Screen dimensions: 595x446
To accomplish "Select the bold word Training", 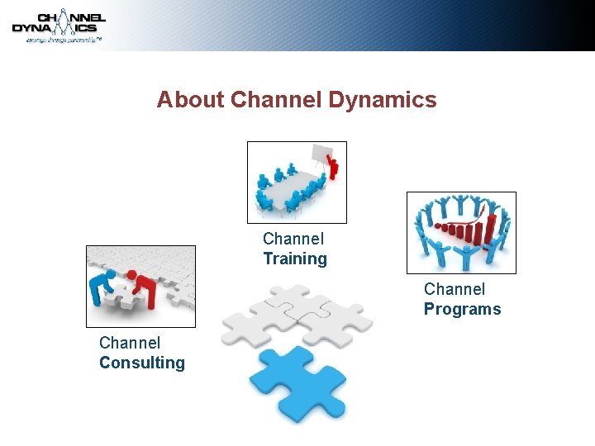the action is pyautogui.click(x=295, y=259).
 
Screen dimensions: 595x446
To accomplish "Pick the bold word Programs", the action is pyautogui.click(x=462, y=310).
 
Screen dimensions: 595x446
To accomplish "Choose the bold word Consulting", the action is pyautogui.click(x=142, y=363).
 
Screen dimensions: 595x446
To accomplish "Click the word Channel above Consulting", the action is pyautogui.click(x=130, y=343).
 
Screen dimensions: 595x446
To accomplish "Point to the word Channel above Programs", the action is pyautogui.click(x=455, y=289).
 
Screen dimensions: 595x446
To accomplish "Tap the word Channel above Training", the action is pyautogui.click(x=293, y=239).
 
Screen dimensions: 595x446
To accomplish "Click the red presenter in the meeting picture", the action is pyautogui.click(x=332, y=166).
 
